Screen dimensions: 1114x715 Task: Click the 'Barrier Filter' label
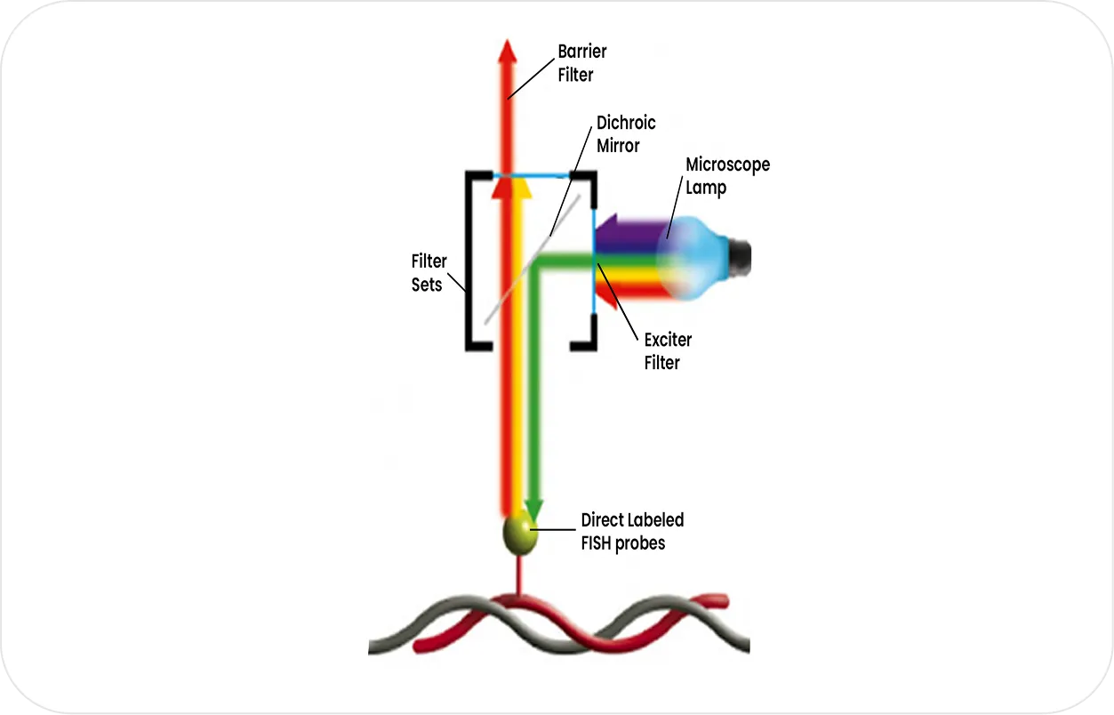[581, 63]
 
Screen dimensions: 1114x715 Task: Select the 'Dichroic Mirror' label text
[626, 134]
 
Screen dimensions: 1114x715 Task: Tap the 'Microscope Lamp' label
[727, 176]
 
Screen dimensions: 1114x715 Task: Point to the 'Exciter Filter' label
[668, 351]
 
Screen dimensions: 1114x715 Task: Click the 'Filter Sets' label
[429, 273]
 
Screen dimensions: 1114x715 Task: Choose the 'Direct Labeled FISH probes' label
[632, 532]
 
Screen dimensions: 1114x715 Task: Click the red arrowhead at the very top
[508, 52]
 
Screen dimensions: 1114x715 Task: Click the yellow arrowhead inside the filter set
[520, 189]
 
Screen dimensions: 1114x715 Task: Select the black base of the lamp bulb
[741, 258]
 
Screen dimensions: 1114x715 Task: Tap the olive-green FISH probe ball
[520, 535]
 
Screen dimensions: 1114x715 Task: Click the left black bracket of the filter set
[469, 261]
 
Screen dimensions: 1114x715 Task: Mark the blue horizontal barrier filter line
[531, 176]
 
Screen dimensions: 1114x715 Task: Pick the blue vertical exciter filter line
[594, 261]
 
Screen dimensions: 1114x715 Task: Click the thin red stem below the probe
[519, 574]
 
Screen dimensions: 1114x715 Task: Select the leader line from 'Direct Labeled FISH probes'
[553, 529]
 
